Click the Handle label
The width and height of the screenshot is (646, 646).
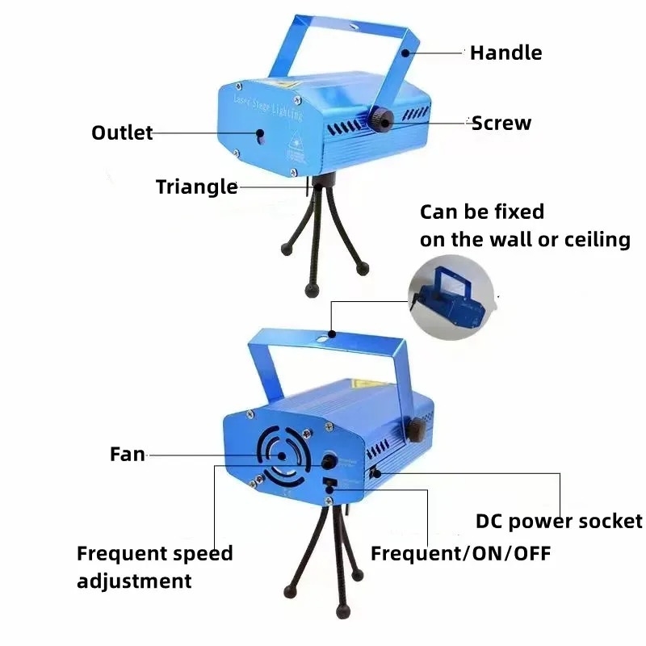[x=506, y=52]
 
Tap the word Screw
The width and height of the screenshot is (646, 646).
[x=501, y=123]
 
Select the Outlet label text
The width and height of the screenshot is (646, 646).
[x=122, y=132]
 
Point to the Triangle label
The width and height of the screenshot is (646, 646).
[x=197, y=187]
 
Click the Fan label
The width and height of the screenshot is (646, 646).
[x=128, y=454]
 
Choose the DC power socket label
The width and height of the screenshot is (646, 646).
[x=559, y=521]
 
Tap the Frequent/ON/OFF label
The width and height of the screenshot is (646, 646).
[x=460, y=553]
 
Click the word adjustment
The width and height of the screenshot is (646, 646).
[x=134, y=581]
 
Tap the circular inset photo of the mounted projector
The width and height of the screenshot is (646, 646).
[x=451, y=297]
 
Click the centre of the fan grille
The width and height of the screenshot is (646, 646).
[x=282, y=456]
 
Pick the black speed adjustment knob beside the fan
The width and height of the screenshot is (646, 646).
[x=329, y=462]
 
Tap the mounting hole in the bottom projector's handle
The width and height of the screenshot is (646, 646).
[x=322, y=340]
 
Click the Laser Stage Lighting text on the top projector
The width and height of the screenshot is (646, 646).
[x=268, y=108]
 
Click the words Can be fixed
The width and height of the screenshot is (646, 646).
[x=482, y=212]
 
